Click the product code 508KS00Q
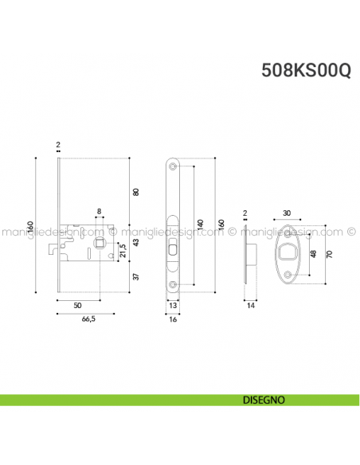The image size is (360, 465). [306, 70]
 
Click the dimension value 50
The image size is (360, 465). [76, 304]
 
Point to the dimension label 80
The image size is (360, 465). [135, 192]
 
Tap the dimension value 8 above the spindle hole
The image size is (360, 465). [99, 212]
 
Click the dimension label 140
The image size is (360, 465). [200, 225]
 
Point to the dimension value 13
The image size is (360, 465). [173, 304]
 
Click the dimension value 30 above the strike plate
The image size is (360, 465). [286, 213]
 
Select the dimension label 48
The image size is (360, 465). [313, 254]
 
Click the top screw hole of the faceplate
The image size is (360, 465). [174, 166]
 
